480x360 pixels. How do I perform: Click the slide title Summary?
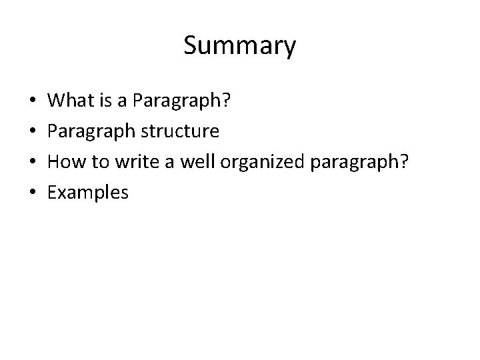tap(239, 46)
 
